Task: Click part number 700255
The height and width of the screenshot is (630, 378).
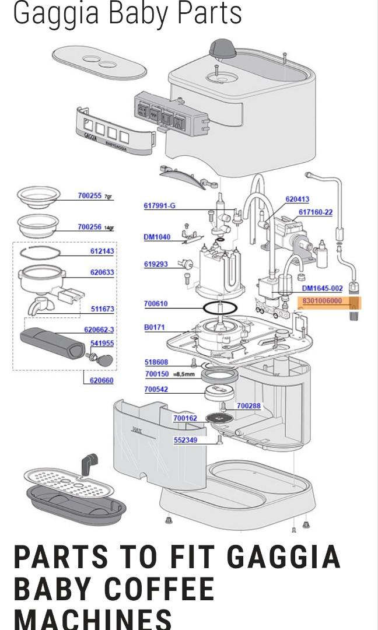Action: coord(90,196)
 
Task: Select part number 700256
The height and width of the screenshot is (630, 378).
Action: coord(90,227)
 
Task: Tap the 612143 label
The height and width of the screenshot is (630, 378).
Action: coord(102,251)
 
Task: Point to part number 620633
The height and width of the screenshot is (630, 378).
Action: coord(102,272)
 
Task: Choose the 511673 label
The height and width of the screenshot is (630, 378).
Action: coord(102,309)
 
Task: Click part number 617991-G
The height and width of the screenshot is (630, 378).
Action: coord(159,205)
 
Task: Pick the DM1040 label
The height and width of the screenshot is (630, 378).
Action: coord(157,237)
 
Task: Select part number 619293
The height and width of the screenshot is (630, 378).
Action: coord(156,264)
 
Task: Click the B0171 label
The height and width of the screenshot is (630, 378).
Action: coord(155,328)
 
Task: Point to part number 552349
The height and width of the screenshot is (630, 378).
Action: coord(185,440)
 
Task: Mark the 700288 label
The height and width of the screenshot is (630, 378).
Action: coord(249,405)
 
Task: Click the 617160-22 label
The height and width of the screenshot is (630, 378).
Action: coord(316,212)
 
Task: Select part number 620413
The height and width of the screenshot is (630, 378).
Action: coord(297,199)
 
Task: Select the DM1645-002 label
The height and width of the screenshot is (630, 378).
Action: coord(322,288)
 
